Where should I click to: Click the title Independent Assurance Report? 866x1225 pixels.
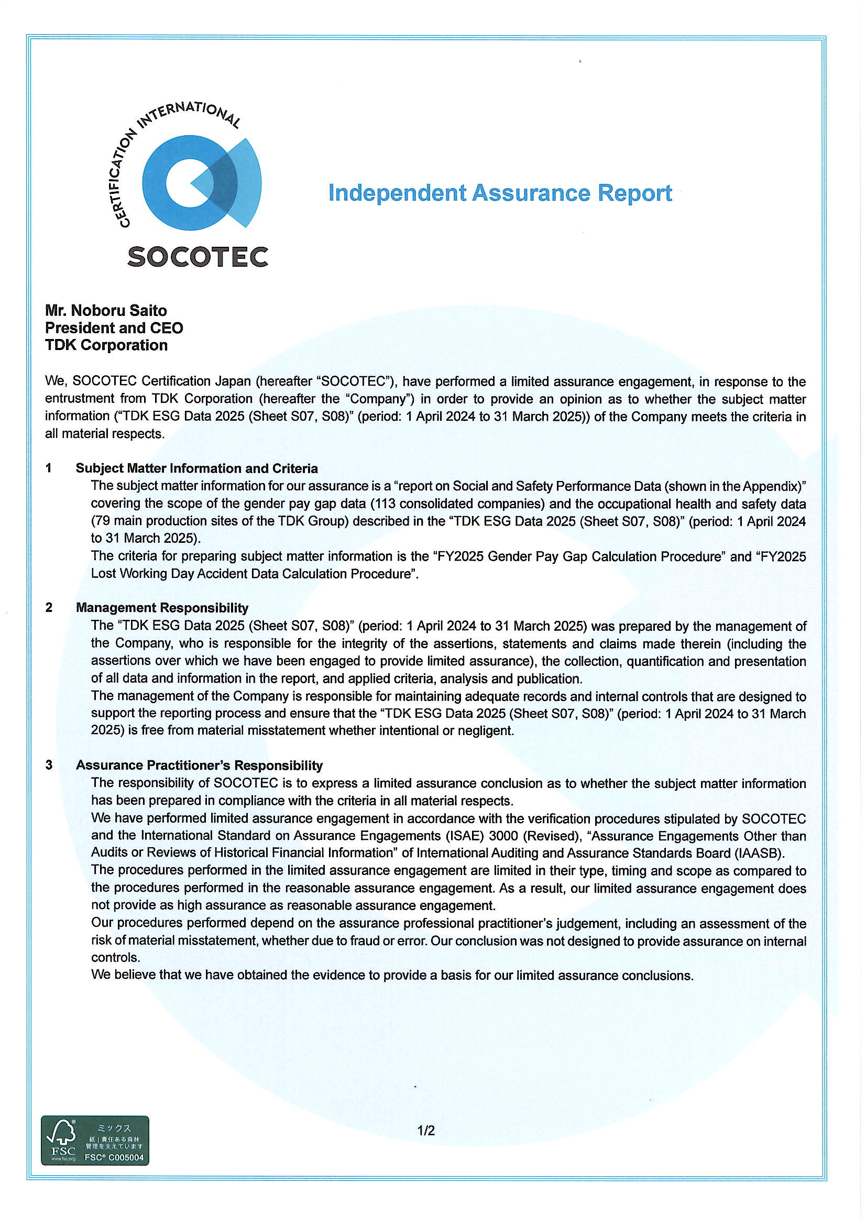coord(500,193)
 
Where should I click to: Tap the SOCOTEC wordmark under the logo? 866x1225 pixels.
coord(198,257)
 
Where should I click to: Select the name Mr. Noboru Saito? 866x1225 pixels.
coord(106,311)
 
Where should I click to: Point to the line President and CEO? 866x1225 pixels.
coord(114,327)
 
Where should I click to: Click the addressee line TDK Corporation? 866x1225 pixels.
coord(106,345)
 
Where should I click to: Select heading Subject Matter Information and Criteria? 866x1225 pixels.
coord(196,468)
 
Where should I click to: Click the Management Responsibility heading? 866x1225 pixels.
coord(162,608)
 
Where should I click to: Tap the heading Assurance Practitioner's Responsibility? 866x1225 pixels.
coord(199,765)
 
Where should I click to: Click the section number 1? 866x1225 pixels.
coord(49,468)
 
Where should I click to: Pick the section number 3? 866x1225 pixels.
coord(49,765)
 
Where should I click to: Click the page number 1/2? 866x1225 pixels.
coord(426,1130)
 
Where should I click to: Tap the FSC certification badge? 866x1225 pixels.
coord(95,1140)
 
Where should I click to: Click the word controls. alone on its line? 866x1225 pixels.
coord(115,957)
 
